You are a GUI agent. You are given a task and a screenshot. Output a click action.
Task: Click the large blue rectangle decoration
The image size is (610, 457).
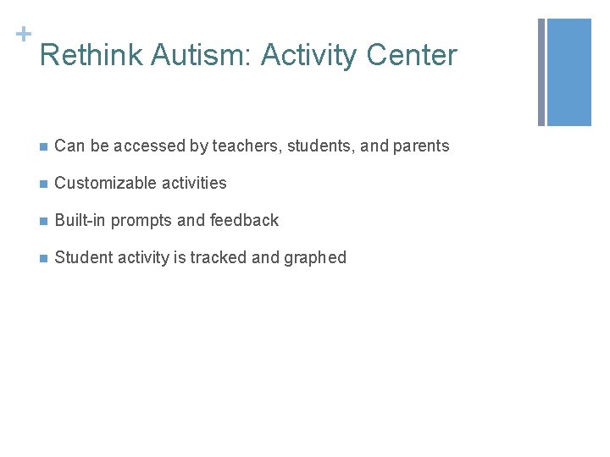[569, 72]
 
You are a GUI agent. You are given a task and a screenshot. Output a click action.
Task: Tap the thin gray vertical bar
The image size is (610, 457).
[542, 72]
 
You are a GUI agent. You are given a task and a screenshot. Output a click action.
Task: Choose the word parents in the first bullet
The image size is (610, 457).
[420, 146]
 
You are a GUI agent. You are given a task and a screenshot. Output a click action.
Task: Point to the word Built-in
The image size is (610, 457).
[80, 221]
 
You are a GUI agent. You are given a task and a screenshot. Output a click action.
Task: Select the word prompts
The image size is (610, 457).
[141, 221]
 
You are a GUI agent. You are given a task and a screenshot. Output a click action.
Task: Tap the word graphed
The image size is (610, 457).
[315, 258]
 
